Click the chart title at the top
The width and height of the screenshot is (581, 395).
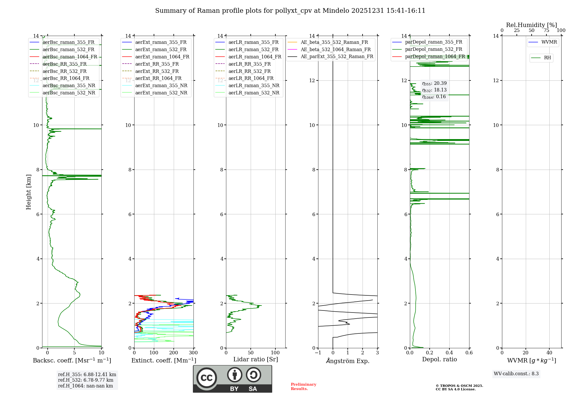click(290, 11)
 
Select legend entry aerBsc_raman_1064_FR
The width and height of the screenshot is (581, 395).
click(70, 57)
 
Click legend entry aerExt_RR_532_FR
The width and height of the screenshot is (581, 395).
click(157, 71)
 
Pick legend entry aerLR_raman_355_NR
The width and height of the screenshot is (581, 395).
click(254, 86)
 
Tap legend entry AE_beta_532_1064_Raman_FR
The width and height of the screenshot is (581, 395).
click(336, 49)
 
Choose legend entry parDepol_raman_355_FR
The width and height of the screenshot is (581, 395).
click(433, 42)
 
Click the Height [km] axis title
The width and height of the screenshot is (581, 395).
click(28, 192)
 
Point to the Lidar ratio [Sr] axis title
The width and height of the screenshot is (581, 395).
click(256, 359)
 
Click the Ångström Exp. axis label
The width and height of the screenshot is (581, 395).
click(348, 361)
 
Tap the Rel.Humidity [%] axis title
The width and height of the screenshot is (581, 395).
click(532, 25)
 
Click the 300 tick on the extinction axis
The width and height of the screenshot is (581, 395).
click(193, 353)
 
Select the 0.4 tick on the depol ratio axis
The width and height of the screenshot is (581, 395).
click(449, 353)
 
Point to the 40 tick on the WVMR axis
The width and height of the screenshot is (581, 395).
click(549, 353)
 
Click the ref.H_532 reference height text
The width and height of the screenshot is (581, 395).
click(85, 380)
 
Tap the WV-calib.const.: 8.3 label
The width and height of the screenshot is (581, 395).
click(516, 374)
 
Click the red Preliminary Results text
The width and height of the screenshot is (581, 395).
click(303, 387)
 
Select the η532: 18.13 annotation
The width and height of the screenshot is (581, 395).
click(434, 90)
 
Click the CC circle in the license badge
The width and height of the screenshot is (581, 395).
click(207, 378)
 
